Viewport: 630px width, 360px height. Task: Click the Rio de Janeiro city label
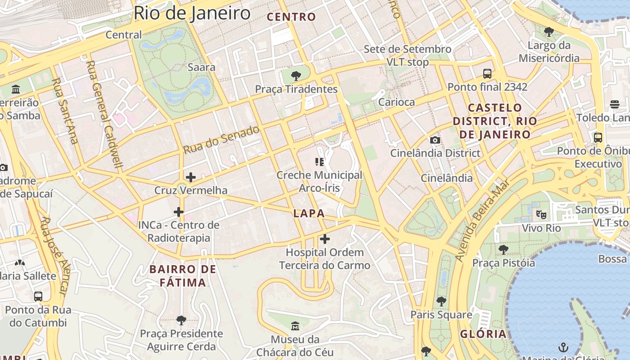192,13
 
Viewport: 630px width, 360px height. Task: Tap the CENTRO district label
292,17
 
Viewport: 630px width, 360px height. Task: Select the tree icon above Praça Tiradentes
296,76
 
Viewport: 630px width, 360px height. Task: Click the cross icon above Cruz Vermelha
191,177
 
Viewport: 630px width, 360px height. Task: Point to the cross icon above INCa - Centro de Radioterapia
179,211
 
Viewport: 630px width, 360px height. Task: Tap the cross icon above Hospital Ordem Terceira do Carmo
324,239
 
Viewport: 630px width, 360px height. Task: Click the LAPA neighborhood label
309,213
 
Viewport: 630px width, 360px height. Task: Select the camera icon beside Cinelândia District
435,140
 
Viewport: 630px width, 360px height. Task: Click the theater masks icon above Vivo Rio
541,214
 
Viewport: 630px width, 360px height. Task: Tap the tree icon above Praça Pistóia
503,249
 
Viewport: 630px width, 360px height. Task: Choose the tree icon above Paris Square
441,301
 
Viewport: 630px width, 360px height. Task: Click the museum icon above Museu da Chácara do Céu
295,325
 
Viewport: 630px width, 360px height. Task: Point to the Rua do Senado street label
221,140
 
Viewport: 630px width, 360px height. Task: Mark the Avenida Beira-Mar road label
482,220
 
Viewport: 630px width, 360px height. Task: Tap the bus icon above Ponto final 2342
487,73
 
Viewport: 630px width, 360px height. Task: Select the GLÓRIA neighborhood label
483,334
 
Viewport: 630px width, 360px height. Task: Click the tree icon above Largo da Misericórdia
549,31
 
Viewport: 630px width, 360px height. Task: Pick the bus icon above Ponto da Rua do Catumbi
38,296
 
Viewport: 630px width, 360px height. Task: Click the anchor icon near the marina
563,347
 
